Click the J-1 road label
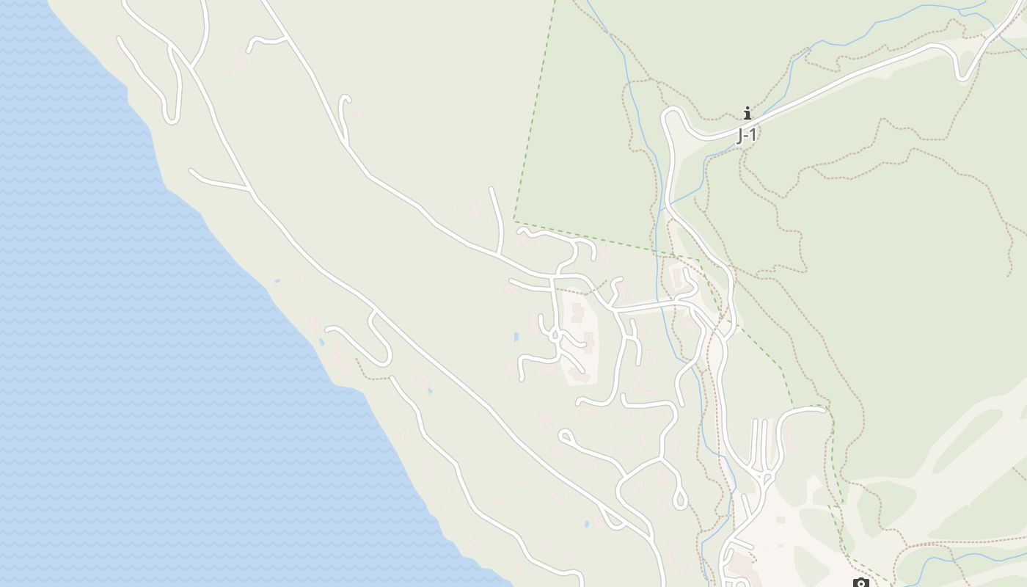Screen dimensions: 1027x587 pos(746,135)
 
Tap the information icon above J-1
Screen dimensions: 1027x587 pos(747,113)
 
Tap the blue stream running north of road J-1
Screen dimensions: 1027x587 pos(844,44)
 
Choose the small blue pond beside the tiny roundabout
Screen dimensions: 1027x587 pos(516,337)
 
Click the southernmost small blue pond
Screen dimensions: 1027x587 pos(586,524)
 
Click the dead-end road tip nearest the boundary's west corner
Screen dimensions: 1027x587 pos(491,189)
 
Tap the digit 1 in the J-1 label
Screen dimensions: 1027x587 pos(752,135)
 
